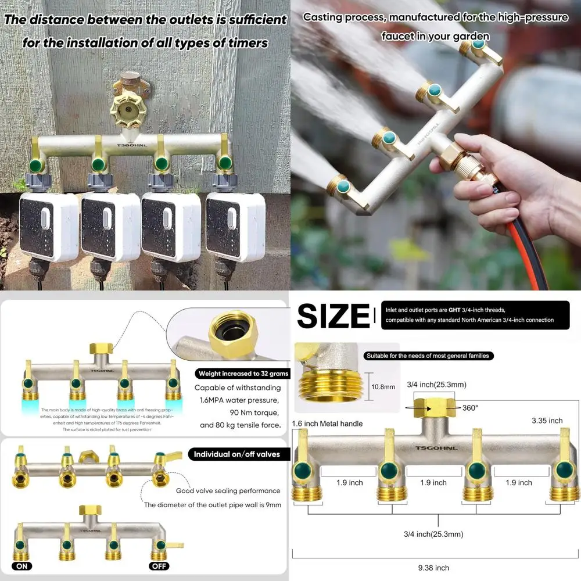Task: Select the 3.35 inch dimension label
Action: click(x=547, y=420)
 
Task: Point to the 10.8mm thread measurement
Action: click(x=383, y=386)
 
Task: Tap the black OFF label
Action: click(x=159, y=566)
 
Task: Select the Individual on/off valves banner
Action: click(x=237, y=454)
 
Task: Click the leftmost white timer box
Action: click(x=49, y=227)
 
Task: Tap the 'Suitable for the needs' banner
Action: click(x=427, y=356)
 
